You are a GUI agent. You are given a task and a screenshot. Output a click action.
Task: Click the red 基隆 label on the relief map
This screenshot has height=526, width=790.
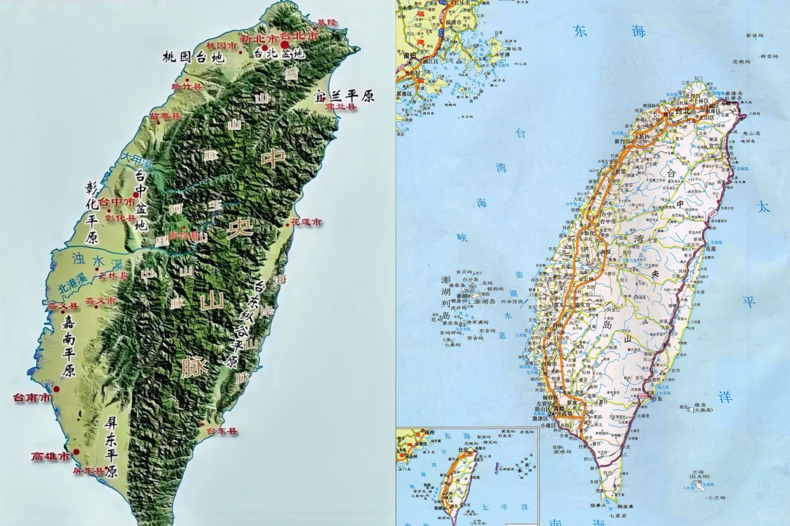click(327, 22)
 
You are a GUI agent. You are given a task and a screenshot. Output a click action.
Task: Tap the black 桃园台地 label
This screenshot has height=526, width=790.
click(193, 57)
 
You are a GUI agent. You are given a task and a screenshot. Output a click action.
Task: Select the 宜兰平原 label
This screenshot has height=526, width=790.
click(345, 95)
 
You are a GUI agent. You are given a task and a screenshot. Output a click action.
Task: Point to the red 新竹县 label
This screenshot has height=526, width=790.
click(186, 87)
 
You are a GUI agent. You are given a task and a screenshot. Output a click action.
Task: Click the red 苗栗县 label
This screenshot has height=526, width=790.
click(165, 116)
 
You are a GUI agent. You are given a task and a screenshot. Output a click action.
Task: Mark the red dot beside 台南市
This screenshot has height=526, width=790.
click(57, 389)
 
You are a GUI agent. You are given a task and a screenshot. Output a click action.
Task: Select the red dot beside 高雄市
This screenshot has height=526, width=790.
click(77, 452)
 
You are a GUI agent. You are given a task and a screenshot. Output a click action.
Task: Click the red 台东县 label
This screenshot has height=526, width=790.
click(222, 431)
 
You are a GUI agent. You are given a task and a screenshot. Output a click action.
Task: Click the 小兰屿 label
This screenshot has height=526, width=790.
click(717, 498)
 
